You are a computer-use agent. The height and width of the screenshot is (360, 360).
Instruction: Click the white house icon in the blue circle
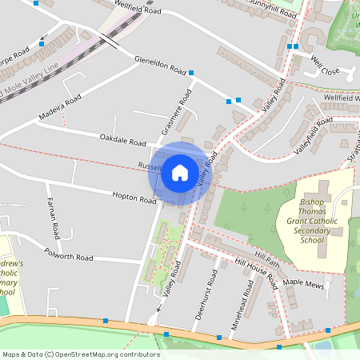click(x=180, y=172)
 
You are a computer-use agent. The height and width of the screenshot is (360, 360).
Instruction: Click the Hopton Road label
click(x=134, y=197)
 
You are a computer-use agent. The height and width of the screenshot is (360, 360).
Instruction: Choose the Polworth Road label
click(x=70, y=258)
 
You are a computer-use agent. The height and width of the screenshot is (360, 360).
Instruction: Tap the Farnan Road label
click(x=53, y=218)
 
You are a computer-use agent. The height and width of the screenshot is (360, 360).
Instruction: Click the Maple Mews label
click(x=302, y=284)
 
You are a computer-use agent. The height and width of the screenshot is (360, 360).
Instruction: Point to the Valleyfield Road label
click(x=312, y=136)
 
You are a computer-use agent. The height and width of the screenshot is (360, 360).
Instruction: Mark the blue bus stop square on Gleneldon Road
click(x=190, y=74)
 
